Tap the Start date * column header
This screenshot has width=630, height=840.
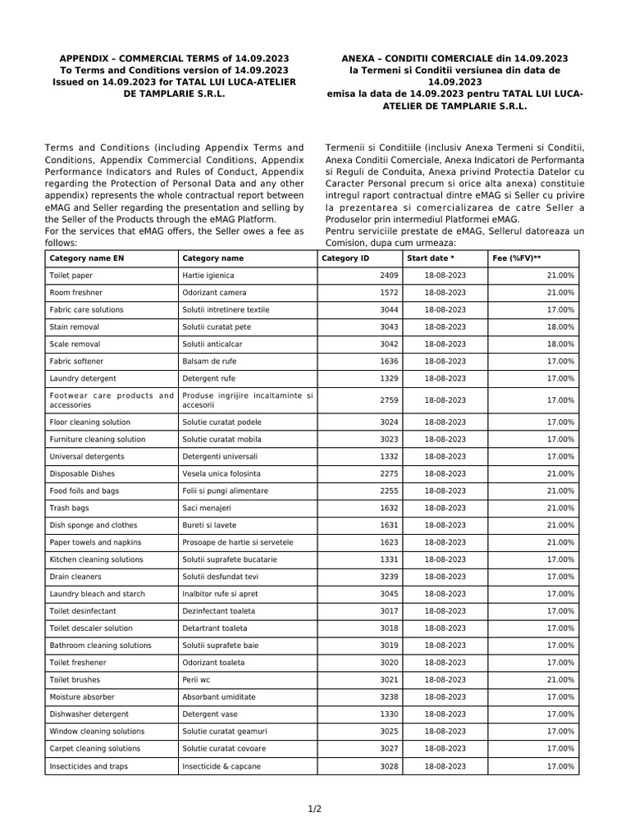(431, 258)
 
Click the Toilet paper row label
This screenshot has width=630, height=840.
(71, 276)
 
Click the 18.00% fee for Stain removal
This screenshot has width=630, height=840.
(560, 327)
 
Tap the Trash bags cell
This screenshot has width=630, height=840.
(70, 508)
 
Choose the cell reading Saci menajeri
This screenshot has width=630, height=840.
(206, 508)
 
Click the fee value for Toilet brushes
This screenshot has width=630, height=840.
(560, 680)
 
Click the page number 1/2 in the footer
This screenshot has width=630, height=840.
(315, 810)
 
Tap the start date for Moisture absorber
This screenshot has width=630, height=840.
(445, 697)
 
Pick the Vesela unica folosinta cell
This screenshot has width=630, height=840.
(221, 473)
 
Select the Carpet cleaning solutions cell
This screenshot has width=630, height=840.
(94, 749)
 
